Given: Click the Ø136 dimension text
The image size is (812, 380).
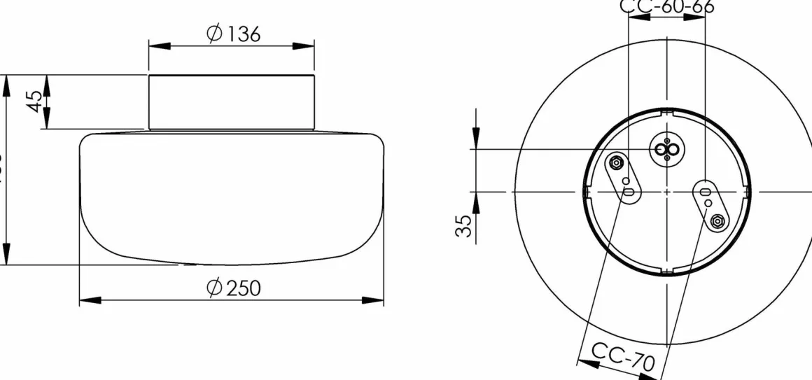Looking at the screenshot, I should click(x=234, y=33).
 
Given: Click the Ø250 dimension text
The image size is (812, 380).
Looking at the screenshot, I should click(x=234, y=287).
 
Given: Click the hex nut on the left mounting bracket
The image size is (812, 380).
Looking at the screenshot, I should click(x=615, y=163).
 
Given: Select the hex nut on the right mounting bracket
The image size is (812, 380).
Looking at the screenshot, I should click(x=716, y=221).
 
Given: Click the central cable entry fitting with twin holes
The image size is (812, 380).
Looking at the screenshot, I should click(x=666, y=149).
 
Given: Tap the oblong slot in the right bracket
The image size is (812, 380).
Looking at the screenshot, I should click(x=703, y=191).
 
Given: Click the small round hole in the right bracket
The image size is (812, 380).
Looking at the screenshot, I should click(x=708, y=203).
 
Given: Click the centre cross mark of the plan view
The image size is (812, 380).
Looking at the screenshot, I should click(x=667, y=191).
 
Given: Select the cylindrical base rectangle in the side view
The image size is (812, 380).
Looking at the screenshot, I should click(x=231, y=101).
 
